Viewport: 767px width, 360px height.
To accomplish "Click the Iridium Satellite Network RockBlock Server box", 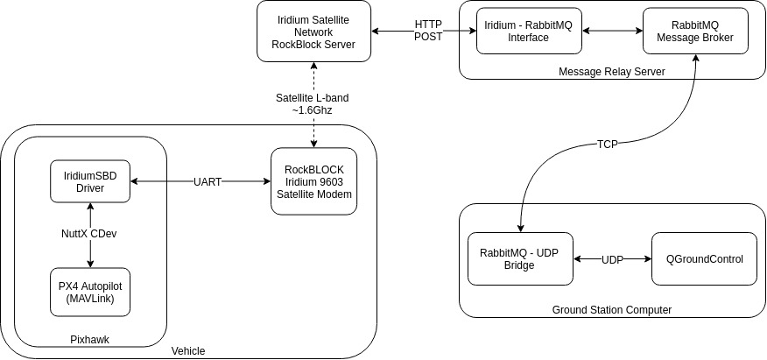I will tap(310, 31).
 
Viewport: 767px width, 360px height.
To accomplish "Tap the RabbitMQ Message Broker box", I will tap(695, 32).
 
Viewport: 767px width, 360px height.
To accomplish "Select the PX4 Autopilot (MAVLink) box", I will tap(90, 293).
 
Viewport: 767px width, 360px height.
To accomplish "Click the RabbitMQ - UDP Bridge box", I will tap(520, 258).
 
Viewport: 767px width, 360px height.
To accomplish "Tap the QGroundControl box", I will tap(704, 258).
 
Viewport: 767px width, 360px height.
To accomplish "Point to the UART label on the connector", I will tap(208, 181).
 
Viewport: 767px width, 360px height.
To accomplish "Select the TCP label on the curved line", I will tap(608, 144).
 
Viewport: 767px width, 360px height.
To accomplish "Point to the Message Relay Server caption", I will tap(611, 72).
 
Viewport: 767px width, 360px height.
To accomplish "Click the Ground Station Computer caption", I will tap(612, 309).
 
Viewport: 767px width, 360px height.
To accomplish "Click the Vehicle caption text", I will tap(188, 350).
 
